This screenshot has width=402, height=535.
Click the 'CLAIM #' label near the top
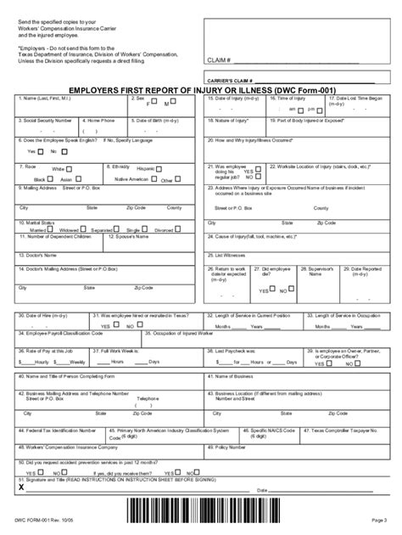point(218,61)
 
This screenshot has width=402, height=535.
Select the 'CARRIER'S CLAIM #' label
point(232,78)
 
